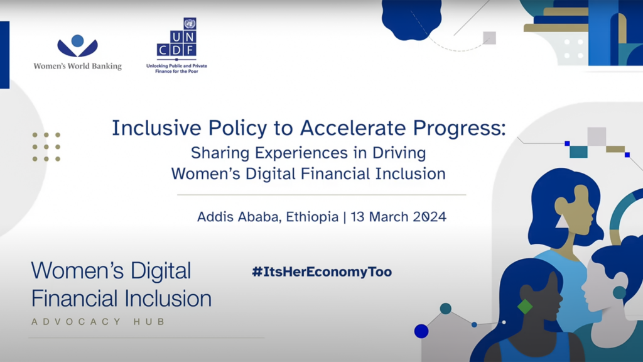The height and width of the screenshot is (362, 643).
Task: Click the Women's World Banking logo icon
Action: [77, 47]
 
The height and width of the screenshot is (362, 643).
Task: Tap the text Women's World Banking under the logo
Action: [77, 66]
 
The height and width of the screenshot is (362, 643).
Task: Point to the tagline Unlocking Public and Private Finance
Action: [176, 69]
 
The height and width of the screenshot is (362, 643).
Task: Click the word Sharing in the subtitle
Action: [220, 153]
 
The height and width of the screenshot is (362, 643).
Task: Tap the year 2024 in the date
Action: [430, 217]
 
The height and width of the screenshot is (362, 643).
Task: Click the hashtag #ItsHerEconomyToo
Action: [321, 271]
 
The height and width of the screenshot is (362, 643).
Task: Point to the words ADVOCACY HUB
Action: [98, 322]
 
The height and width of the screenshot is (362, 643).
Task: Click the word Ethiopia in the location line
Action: [312, 217]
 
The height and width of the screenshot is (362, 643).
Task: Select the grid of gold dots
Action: [46, 146]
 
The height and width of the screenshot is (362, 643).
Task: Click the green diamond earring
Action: [524, 307]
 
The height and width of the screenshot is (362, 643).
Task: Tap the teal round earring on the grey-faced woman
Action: [619, 292]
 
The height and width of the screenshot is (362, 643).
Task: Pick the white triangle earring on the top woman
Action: [561, 221]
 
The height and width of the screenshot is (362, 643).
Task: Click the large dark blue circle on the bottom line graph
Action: [421, 331]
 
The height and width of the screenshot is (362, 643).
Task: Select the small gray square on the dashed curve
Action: [489, 38]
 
